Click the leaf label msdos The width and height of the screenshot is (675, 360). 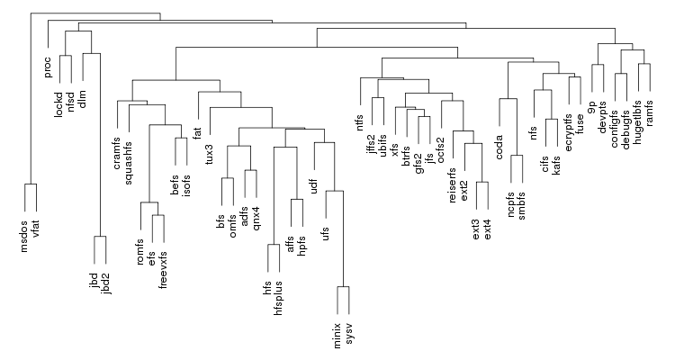tap(24, 236)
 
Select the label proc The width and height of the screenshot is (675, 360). tap(48, 67)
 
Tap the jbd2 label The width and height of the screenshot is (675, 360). tap(106, 283)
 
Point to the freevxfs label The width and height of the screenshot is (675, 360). tap(163, 270)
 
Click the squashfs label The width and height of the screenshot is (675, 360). tap(129, 163)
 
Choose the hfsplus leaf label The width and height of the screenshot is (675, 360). tap(278, 299)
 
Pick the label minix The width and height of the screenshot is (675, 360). tap(337, 336)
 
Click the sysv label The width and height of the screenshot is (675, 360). tap(349, 332)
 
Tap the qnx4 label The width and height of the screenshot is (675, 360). tap(256, 219)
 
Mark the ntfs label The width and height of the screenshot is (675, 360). tap(360, 122)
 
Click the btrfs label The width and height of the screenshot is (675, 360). tap(407, 157)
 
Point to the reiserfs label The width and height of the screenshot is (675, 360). tap(452, 185)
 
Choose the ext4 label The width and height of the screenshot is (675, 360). tap(488, 229)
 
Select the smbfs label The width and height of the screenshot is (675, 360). tap(522, 206)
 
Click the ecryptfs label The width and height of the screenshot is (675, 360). tap(569, 132)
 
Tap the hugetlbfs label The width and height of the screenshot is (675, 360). tap(638, 122)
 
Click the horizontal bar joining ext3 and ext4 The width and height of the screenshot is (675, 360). tap(482, 182)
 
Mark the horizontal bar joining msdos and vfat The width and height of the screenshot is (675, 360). tap(31, 184)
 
